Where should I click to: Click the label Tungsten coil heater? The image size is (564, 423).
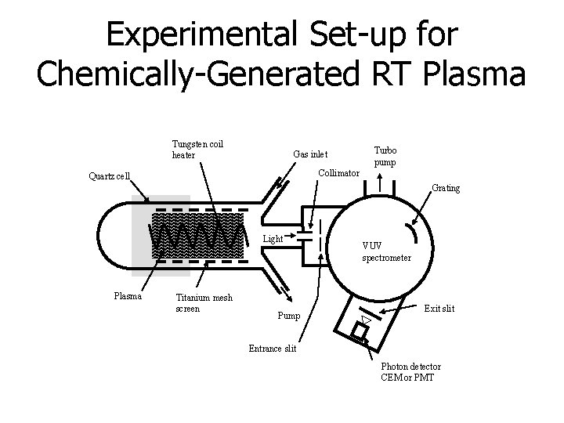coord(197,149)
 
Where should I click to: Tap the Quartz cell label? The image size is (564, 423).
coord(109,175)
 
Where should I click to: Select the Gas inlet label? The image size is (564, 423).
coord(310,154)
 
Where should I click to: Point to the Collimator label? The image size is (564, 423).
coord(338,172)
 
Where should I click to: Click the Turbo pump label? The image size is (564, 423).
coord(385,156)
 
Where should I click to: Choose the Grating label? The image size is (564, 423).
coord(446,188)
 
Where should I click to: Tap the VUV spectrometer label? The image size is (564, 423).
coord(386,251)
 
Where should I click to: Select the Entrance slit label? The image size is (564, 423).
coord(272,349)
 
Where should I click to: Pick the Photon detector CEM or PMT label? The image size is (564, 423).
coord(410,372)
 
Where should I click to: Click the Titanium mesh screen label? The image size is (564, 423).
coord(204,302)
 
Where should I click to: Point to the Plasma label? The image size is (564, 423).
coord(128,296)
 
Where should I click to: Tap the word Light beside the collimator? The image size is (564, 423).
coord(273,237)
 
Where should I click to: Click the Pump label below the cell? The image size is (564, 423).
coord(288,316)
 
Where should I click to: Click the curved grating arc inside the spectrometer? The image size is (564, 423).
coord(411,234)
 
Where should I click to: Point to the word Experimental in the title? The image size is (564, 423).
coord(199,34)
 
